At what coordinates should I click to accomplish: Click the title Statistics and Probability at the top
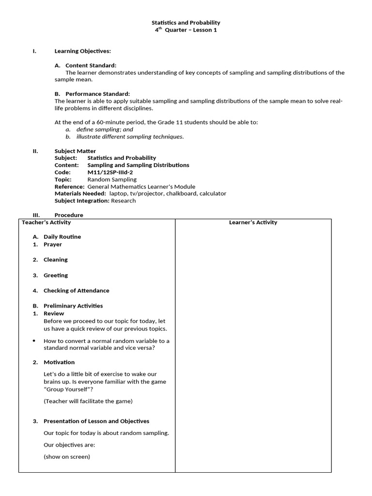click(186, 23)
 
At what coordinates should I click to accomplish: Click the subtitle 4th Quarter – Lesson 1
click(186, 30)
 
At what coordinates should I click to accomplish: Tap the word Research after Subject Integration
click(124, 201)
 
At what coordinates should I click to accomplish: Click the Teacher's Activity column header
click(46, 222)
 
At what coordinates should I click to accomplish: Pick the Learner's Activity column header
click(253, 222)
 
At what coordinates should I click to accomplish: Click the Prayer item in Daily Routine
click(53, 245)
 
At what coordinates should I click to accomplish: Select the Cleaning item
click(56, 260)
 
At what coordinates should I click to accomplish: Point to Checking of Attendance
click(77, 291)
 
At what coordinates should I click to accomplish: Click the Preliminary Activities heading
click(73, 306)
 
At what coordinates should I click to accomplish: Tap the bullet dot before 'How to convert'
click(34, 341)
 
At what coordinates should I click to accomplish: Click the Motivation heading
click(59, 362)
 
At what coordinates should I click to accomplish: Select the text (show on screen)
click(67, 457)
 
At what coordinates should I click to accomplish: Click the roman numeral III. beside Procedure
click(35, 215)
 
